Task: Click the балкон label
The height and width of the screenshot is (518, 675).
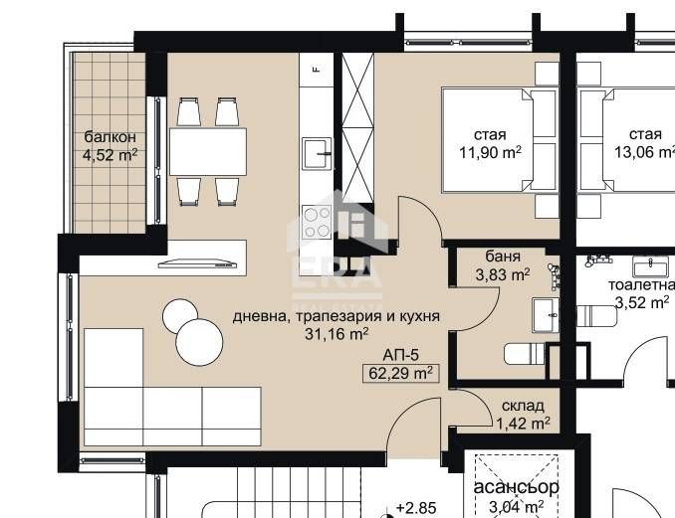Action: (x=110, y=136)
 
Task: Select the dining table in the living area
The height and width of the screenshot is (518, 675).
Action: (x=207, y=152)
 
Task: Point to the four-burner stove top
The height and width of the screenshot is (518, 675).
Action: (x=318, y=221)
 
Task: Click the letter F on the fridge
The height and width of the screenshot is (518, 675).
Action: (x=316, y=70)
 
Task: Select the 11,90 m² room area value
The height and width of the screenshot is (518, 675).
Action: (x=490, y=153)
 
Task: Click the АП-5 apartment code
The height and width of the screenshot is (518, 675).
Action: (x=400, y=354)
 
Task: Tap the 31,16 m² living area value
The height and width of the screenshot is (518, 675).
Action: (x=337, y=335)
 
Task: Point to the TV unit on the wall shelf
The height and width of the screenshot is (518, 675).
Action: (x=199, y=263)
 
